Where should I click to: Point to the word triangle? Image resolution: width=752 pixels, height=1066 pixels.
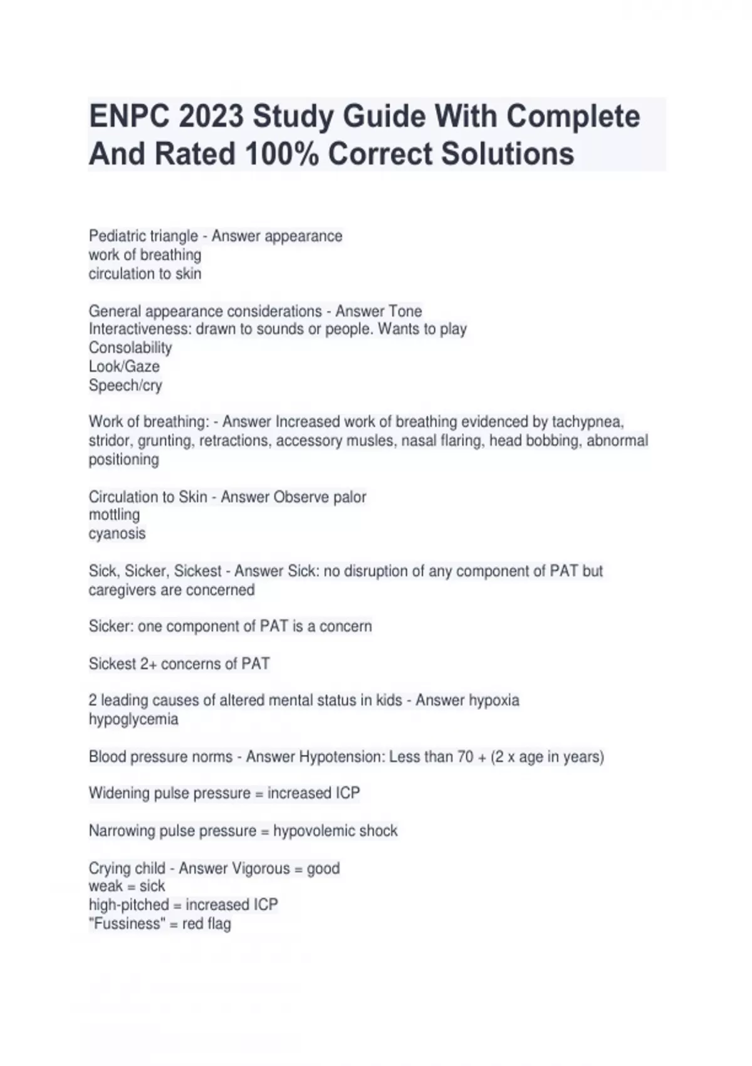(170, 236)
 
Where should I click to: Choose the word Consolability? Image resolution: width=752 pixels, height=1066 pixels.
(130, 348)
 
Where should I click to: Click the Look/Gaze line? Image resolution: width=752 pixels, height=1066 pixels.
(124, 367)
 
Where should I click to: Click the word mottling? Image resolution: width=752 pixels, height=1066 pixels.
(114, 515)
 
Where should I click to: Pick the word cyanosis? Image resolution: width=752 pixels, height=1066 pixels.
(117, 534)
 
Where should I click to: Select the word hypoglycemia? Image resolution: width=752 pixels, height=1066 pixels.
(133, 719)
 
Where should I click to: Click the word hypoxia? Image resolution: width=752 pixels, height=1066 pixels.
(494, 700)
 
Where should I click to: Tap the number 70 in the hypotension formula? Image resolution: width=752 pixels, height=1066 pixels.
(466, 757)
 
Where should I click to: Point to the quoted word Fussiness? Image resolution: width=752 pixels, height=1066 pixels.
(127, 924)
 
